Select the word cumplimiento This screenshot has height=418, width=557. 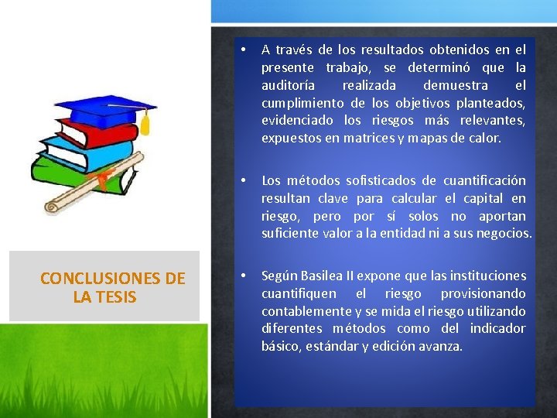pos(302,103)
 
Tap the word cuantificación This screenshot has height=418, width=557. pos(484,180)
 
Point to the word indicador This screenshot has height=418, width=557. pos(497,329)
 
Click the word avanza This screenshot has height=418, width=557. pos(441,347)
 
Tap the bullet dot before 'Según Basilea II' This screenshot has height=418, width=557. pos(243,276)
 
